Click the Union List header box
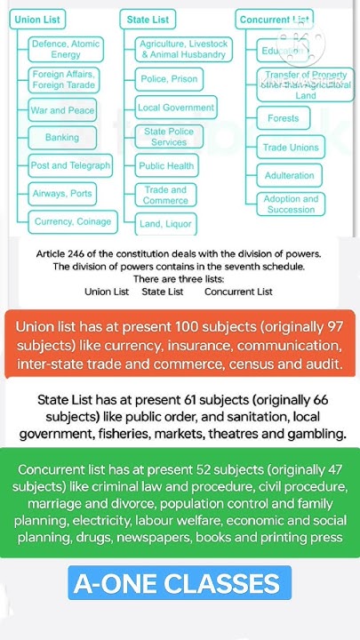click(x=40, y=19)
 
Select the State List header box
click(x=148, y=19)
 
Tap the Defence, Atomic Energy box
click(x=67, y=49)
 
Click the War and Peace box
click(x=61, y=110)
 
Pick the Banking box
click(x=62, y=138)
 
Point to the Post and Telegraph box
click(x=70, y=165)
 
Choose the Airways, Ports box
click(x=62, y=193)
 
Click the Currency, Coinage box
click(x=73, y=221)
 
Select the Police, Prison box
click(x=169, y=79)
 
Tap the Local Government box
click(x=176, y=108)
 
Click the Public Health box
click(x=166, y=165)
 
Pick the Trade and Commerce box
click(x=165, y=195)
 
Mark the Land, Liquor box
click(x=166, y=224)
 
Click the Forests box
click(x=284, y=118)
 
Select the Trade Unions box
click(x=291, y=148)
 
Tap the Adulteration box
click(x=290, y=175)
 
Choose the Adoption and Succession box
click(x=292, y=204)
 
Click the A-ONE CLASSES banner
click(x=176, y=584)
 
